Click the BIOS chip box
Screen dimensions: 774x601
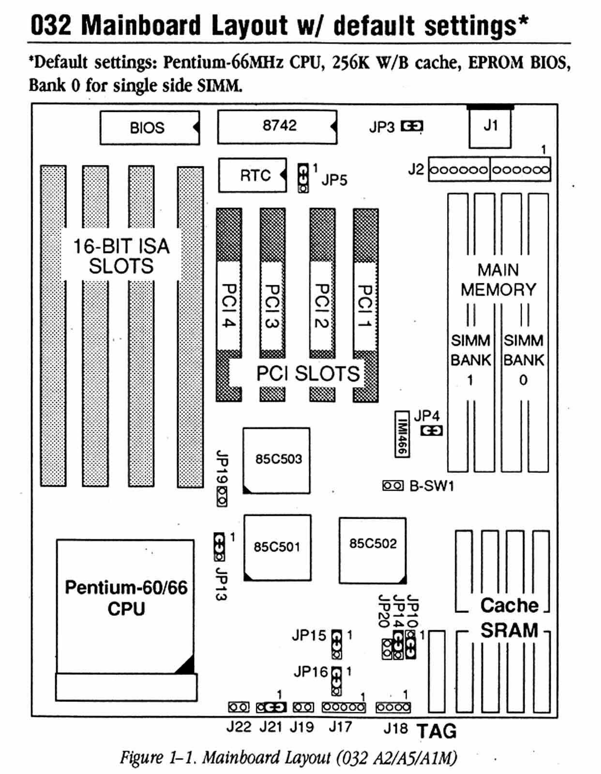149,128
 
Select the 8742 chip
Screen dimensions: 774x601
277,127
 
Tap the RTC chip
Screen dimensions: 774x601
252,175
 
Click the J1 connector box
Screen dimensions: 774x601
490,127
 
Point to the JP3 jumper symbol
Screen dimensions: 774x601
412,127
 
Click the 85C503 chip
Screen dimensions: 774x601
276,460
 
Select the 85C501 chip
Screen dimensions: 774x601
277,547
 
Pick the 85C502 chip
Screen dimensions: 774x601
373,550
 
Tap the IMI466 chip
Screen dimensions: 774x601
402,433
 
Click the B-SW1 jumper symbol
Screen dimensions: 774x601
392,485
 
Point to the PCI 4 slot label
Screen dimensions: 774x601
228,305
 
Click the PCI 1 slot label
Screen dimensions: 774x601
365,305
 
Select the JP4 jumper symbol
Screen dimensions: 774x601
431,430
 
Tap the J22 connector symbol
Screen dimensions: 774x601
239,707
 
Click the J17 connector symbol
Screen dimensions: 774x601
344,707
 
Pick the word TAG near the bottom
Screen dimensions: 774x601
436,731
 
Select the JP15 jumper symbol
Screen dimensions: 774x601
336,644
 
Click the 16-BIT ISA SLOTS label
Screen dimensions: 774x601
121,256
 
